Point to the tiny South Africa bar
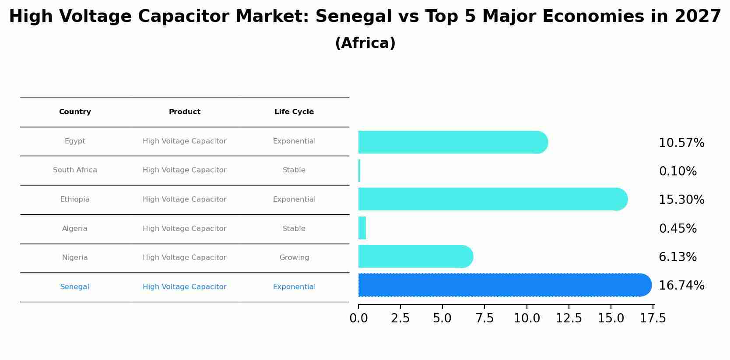point(359,171)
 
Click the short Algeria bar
point(362,228)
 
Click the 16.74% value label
point(681,286)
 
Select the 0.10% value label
point(677,171)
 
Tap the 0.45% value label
point(677,229)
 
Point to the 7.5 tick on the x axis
point(484,318)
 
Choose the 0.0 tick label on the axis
point(358,318)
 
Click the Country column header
point(75,112)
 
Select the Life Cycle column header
point(294,112)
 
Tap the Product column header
point(185,112)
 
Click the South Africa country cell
point(75,170)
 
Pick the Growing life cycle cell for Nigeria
point(294,258)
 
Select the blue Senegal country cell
point(75,287)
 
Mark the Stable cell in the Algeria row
point(294,229)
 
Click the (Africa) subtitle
point(365,43)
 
